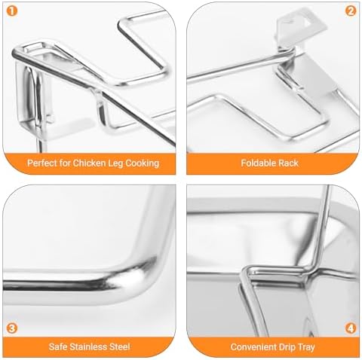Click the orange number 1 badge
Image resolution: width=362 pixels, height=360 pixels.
coord(12,11)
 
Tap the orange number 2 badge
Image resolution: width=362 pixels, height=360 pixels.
coord(351,11)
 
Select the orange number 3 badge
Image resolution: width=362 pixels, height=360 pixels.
coord(12,328)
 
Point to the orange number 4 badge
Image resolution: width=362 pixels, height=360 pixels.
coord(351,328)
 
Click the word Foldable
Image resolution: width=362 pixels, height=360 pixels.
coord(255,163)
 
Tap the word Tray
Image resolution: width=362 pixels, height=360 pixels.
coord(306,347)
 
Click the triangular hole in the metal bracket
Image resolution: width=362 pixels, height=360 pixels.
coord(308,22)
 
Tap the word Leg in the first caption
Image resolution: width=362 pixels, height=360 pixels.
coord(115,163)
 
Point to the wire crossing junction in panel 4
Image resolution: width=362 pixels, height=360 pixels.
coord(311,271)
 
